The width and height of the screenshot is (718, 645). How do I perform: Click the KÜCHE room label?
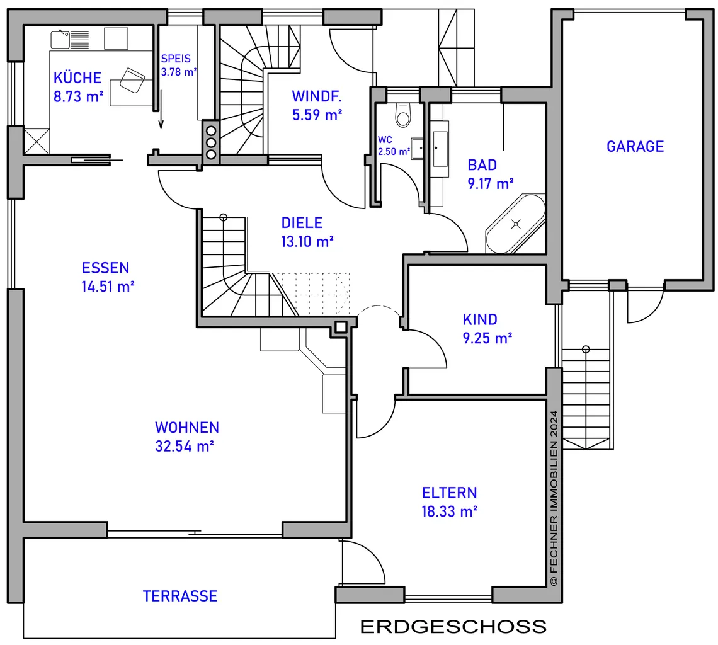(x=77, y=78)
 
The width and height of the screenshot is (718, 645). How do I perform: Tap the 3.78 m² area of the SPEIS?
(x=179, y=72)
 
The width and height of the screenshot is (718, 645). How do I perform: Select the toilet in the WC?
(x=403, y=115)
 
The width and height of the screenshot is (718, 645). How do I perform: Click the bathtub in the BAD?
(x=516, y=224)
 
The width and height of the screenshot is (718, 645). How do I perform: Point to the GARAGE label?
(x=635, y=147)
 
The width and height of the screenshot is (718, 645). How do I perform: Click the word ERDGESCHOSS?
(x=453, y=626)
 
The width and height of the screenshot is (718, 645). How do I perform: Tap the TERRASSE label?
(x=180, y=596)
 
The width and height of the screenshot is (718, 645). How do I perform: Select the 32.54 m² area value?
(x=185, y=446)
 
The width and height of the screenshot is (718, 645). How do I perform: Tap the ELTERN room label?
(x=449, y=493)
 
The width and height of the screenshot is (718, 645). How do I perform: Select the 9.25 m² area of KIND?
(x=487, y=338)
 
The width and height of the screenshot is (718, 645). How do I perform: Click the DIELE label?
(x=302, y=223)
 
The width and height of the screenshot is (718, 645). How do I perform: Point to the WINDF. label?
(x=317, y=96)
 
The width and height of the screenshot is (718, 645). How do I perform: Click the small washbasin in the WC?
(x=417, y=149)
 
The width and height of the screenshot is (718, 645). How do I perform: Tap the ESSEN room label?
(x=105, y=268)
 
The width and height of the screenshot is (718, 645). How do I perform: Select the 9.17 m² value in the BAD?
(x=491, y=184)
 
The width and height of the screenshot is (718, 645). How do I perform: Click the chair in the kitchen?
(x=132, y=81)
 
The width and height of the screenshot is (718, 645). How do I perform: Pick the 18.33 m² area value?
(x=449, y=511)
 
